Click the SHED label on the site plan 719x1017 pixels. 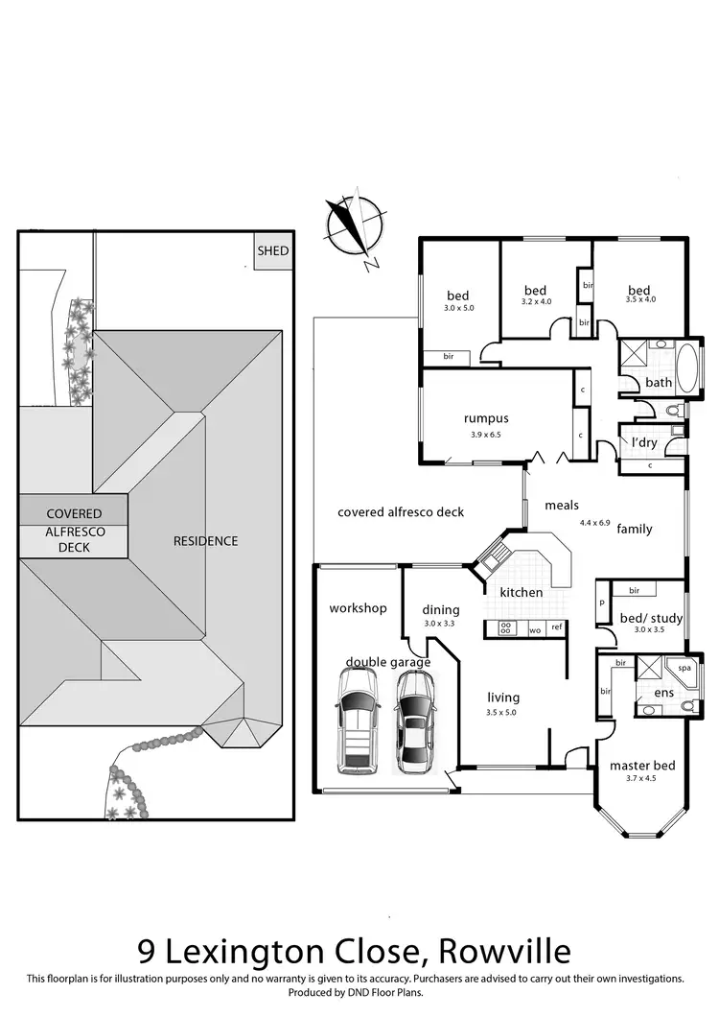click(272, 251)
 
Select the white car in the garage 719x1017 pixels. click(357, 721)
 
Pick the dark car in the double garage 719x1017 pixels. click(415, 721)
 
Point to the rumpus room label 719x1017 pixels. click(486, 418)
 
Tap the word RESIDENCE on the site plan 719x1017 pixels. click(205, 541)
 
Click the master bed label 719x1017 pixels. click(642, 766)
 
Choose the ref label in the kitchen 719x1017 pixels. click(555, 627)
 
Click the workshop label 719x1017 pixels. click(358, 608)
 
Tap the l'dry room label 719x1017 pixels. click(643, 442)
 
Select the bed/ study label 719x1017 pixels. click(651, 618)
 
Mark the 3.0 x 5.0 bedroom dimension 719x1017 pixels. click(458, 308)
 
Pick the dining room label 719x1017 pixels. click(441, 610)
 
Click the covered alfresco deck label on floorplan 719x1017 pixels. click(401, 512)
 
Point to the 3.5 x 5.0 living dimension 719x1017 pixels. click(501, 712)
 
